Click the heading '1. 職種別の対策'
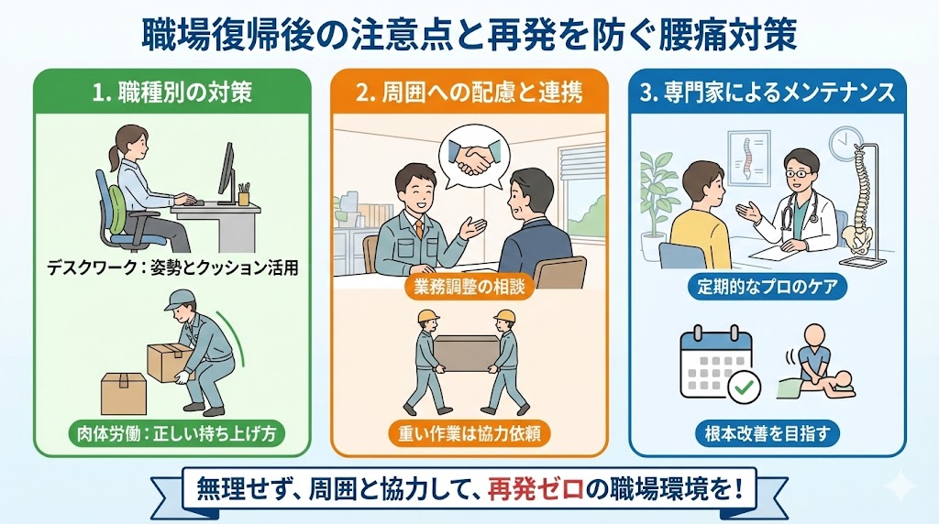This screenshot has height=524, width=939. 172,93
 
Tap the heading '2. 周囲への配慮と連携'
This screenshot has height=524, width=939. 469,93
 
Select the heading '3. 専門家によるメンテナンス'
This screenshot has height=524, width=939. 768,93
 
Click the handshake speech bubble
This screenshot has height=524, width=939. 474,157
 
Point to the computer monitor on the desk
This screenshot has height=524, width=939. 227,173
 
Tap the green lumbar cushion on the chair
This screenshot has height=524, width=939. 117,204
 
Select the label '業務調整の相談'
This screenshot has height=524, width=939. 469,288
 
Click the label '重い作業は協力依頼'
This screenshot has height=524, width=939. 469,433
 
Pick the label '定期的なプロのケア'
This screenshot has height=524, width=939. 768,287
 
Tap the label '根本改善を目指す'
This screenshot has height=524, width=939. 768,433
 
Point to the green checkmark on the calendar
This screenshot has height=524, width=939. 744,388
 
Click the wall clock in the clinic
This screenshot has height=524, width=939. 845,142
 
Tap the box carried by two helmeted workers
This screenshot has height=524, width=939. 467,353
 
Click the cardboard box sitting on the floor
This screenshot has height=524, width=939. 124,394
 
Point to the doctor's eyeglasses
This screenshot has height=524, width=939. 797,173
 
